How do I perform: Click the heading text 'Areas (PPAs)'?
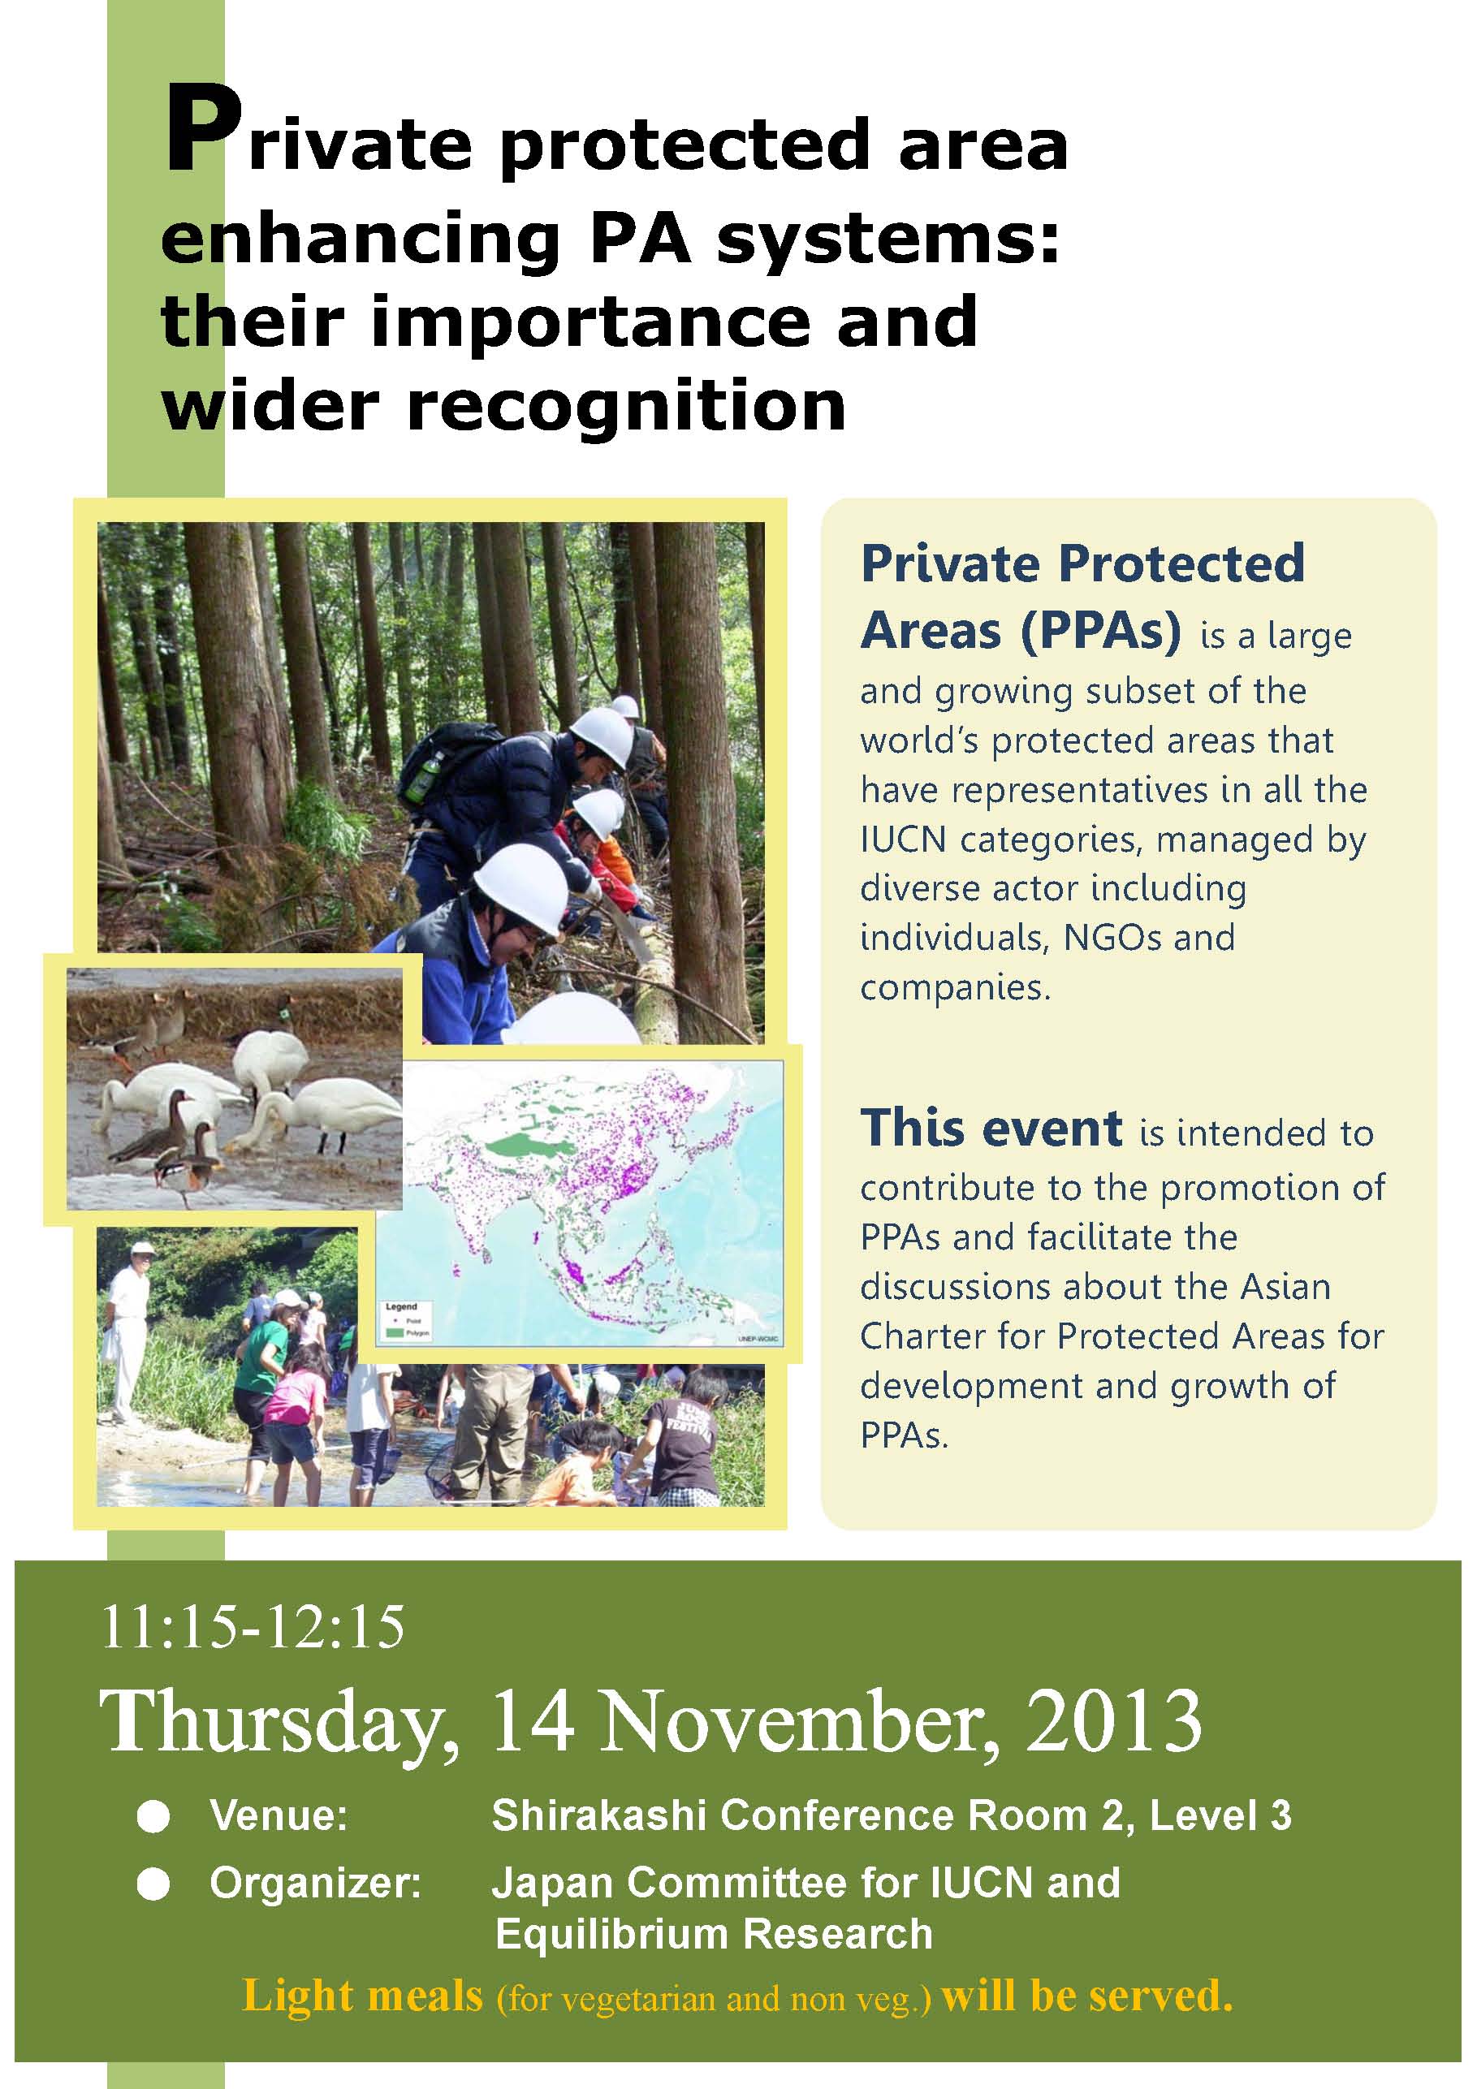1020,632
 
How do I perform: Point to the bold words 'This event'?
991,1129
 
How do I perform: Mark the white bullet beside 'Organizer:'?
153,1884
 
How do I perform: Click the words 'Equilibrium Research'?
714,1933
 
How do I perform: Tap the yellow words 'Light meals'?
362,1996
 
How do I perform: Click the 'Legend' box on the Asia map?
407,1319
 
